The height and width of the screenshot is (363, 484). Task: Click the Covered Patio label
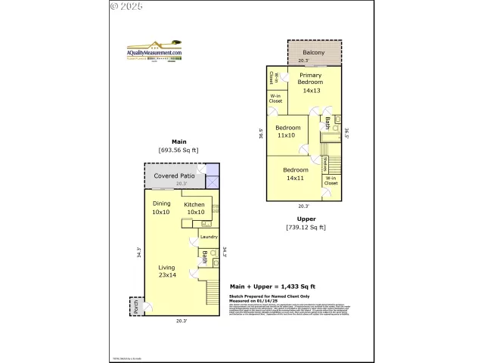(175, 176)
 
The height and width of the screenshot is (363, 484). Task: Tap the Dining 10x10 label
(161, 207)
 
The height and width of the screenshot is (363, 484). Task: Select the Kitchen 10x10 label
(195, 208)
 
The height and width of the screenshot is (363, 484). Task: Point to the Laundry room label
(209, 237)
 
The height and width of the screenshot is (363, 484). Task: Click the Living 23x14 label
(168, 271)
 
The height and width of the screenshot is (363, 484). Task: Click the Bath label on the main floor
(203, 258)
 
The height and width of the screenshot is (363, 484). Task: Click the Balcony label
(313, 52)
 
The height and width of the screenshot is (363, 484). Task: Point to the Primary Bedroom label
(311, 82)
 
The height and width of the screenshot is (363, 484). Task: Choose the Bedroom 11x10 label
(287, 132)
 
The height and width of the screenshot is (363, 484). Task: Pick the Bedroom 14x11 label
(296, 174)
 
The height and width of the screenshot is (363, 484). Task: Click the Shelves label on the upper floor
(325, 163)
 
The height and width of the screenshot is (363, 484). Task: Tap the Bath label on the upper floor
(327, 123)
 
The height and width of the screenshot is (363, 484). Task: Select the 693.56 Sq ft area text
(178, 150)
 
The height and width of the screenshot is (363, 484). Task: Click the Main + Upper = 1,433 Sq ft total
(272, 287)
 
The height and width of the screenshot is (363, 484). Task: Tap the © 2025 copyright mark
(126, 6)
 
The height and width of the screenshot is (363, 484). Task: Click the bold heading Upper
(306, 219)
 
